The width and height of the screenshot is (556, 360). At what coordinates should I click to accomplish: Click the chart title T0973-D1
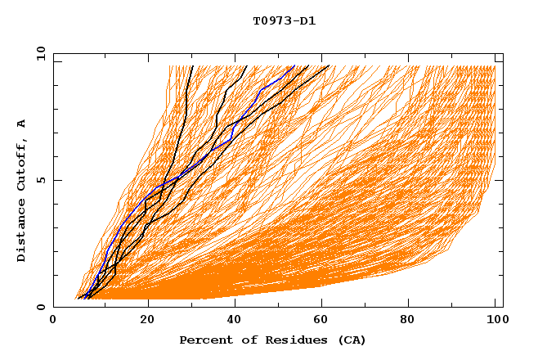click(x=284, y=20)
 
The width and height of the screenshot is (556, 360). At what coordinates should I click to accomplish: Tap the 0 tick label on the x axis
click(x=53, y=320)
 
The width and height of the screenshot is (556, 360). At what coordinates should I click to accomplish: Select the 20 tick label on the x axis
click(x=147, y=320)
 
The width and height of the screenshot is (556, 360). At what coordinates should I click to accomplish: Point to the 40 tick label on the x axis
click(x=235, y=320)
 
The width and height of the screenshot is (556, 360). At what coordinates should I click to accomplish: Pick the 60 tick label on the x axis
click(x=324, y=320)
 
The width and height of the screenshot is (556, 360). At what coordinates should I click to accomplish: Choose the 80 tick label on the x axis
click(x=412, y=320)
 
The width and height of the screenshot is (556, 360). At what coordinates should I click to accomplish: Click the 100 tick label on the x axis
click(x=496, y=320)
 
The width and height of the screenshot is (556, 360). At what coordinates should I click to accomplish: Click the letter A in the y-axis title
click(x=22, y=124)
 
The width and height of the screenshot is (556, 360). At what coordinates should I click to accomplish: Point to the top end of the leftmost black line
click(x=191, y=66)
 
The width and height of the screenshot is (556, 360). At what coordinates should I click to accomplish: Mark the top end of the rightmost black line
click(x=329, y=66)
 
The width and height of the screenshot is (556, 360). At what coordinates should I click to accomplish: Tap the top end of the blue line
click(x=294, y=66)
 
